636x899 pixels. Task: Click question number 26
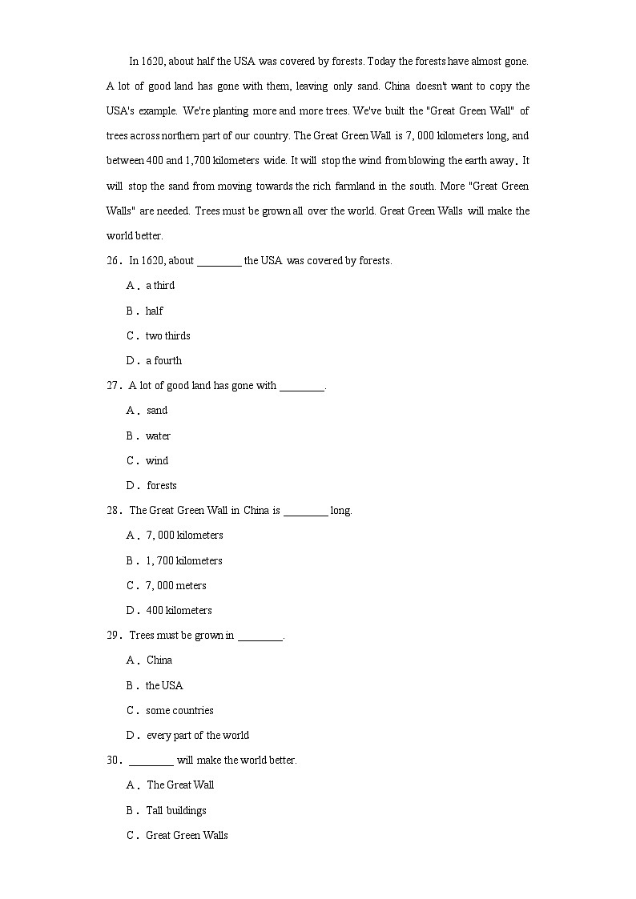(113, 260)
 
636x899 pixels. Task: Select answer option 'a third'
(159, 286)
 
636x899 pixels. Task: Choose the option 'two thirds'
(167, 335)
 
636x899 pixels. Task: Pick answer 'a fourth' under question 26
(163, 360)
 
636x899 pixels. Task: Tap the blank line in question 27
(302, 387)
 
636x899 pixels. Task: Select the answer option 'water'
(158, 435)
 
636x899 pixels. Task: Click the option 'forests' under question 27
(162, 486)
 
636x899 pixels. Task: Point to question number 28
(113, 510)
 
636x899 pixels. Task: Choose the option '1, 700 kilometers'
(184, 560)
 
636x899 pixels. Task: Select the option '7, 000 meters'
(176, 585)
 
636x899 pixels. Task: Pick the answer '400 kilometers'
(179, 610)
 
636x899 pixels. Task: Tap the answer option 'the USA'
(164, 685)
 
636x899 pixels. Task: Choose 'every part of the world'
(198, 735)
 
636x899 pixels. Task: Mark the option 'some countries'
(179, 710)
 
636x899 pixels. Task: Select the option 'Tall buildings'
(176, 810)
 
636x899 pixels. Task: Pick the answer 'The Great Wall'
(180, 785)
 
